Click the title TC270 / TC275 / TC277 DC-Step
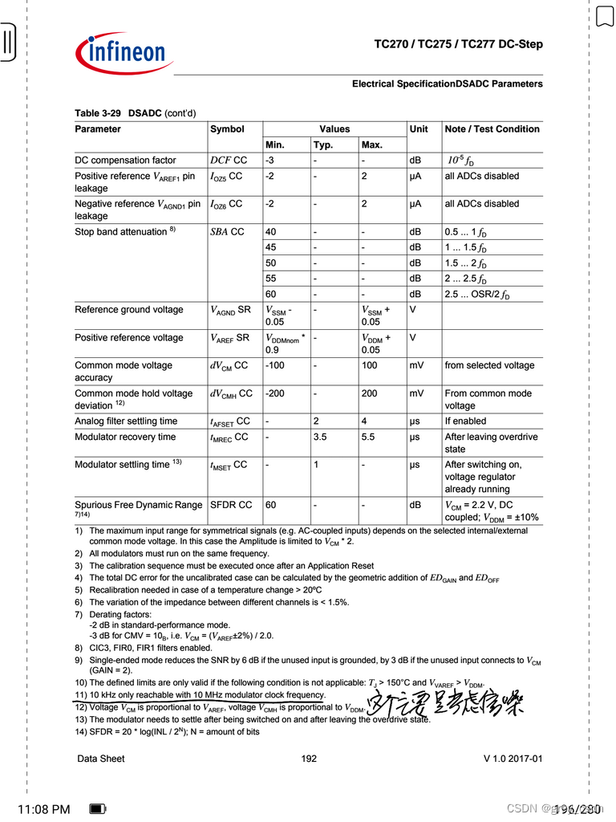click(x=458, y=44)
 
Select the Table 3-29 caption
click(x=135, y=113)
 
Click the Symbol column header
click(x=227, y=129)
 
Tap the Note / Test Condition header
click(x=492, y=129)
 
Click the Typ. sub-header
click(x=323, y=145)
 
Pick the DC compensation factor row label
click(x=125, y=161)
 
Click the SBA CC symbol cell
click(x=227, y=232)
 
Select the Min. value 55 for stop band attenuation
click(x=271, y=279)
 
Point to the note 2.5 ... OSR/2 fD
click(x=476, y=295)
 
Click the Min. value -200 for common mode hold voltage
click(x=274, y=393)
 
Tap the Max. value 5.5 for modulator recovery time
click(x=368, y=437)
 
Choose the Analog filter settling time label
click(x=126, y=421)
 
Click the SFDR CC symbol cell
click(x=231, y=505)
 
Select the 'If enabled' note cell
click(x=465, y=421)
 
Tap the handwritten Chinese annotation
click(x=446, y=705)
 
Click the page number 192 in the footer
click(x=309, y=759)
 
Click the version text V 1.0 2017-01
click(x=513, y=759)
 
